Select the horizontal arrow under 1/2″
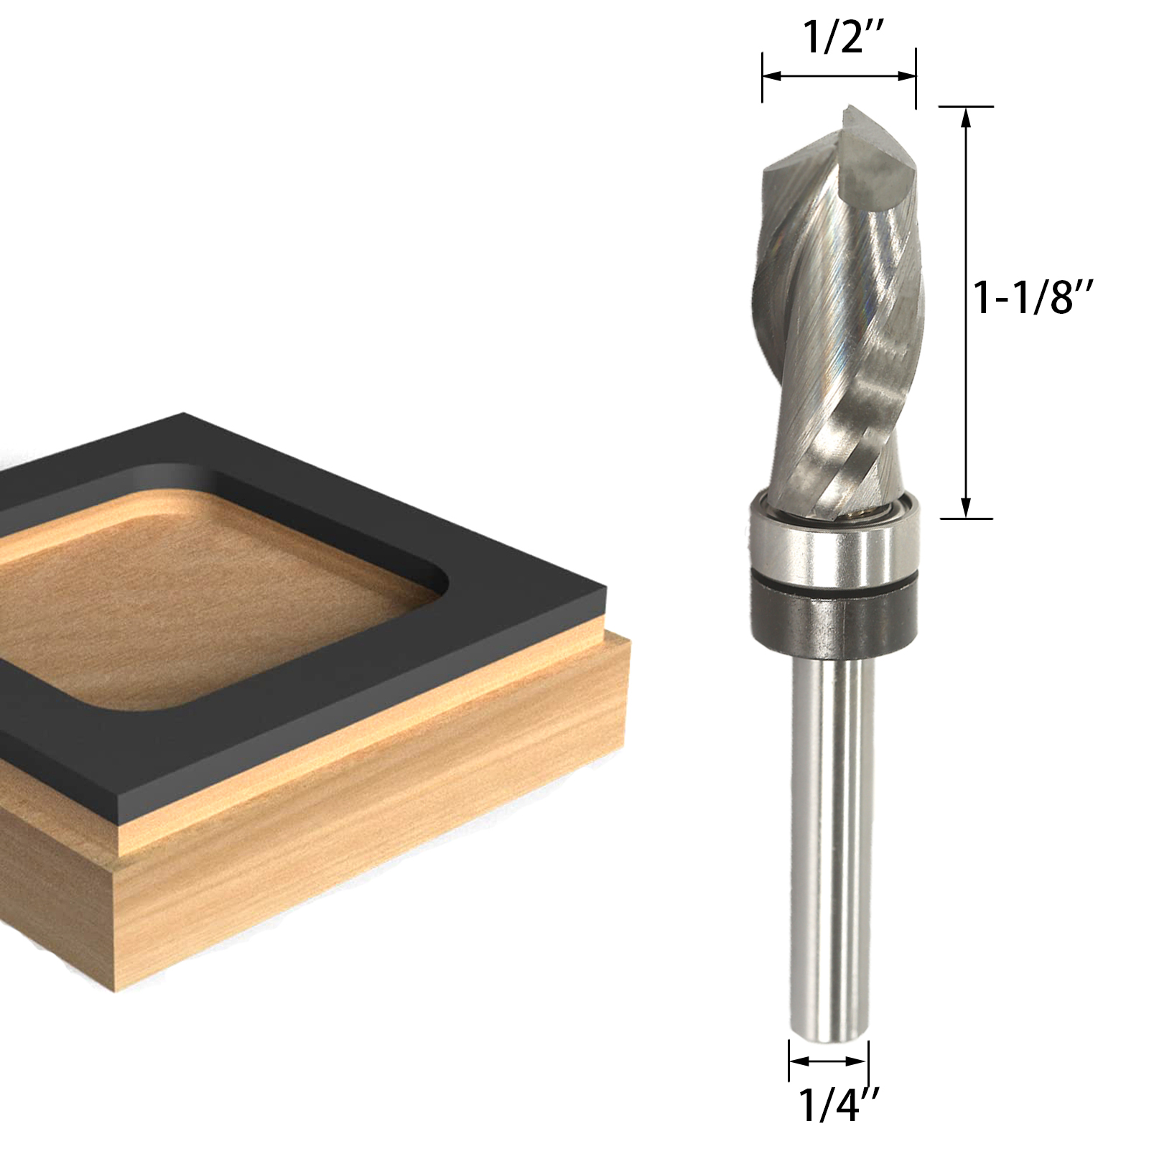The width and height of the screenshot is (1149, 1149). tap(839, 75)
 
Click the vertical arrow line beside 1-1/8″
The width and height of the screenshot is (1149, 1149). tap(967, 312)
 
